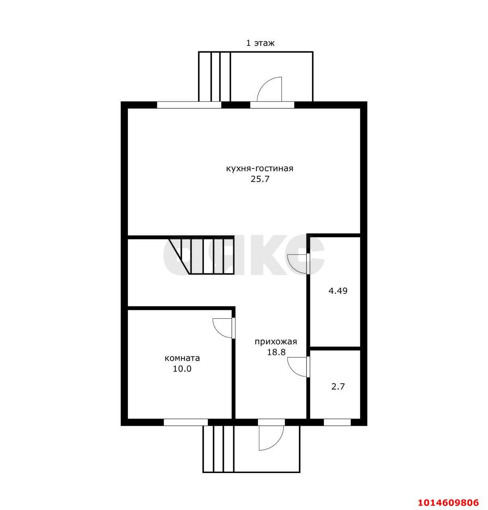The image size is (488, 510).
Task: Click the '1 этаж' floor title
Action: click(x=260, y=43)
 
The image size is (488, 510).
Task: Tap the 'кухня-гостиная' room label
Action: click(x=260, y=169)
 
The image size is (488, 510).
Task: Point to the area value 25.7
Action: click(x=260, y=179)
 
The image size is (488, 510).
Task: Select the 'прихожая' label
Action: click(x=276, y=342)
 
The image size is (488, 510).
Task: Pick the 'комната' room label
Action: click(x=182, y=358)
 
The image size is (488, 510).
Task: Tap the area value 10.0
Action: click(x=182, y=369)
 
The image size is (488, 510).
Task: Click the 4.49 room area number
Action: click(x=338, y=291)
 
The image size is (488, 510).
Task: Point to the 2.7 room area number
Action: click(x=338, y=386)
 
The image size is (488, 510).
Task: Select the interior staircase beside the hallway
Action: click(x=201, y=255)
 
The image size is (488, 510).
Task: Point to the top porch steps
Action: click(x=215, y=76)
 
